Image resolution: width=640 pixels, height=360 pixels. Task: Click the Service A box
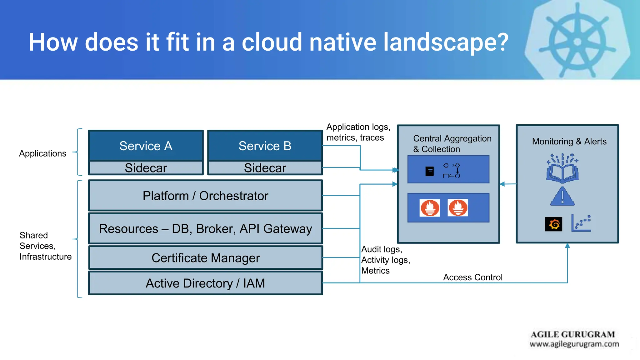point(146,146)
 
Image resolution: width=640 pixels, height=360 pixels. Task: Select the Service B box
point(265,146)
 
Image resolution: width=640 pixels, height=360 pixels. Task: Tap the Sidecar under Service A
point(146,168)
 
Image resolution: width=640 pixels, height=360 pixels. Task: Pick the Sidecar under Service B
point(265,168)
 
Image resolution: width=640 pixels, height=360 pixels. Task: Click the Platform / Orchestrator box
point(205,196)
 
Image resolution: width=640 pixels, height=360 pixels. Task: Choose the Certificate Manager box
point(205,258)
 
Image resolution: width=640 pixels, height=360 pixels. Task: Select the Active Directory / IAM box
point(205,283)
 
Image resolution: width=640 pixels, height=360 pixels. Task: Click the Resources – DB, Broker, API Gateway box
point(205,228)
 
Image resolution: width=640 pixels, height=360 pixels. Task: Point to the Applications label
point(43,153)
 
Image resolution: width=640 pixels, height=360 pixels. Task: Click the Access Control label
point(472,277)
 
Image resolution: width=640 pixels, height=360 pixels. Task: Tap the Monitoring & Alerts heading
point(569,141)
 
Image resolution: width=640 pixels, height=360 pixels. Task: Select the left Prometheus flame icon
point(430,208)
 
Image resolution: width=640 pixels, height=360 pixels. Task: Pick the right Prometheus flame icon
point(458,208)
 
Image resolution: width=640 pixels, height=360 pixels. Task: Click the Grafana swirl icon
point(553,224)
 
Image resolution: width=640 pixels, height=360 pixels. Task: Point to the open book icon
point(562,170)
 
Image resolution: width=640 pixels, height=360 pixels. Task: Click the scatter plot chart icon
point(581,223)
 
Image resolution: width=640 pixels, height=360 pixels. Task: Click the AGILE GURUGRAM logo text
point(573,334)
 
